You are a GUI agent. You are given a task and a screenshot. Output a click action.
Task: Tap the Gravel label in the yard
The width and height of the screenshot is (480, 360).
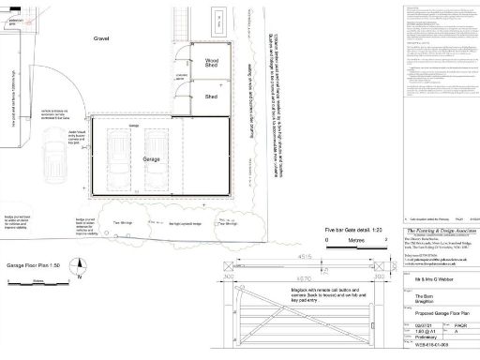pos(102,40)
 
